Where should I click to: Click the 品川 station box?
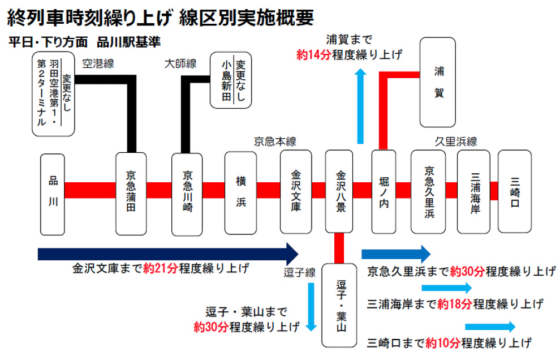click(x=53, y=194)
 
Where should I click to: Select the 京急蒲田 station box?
click(x=131, y=194)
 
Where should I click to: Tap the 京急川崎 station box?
click(x=187, y=194)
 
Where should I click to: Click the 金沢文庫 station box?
click(x=296, y=191)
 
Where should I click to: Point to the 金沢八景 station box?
click(x=340, y=191)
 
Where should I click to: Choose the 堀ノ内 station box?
click(x=383, y=191)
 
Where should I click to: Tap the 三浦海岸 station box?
click(x=473, y=191)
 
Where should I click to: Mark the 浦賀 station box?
click(x=438, y=82)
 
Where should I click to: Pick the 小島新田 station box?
click(x=231, y=80)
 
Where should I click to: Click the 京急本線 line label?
click(x=275, y=142)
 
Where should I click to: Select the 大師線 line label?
click(x=180, y=63)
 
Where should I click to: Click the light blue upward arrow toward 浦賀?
click(x=359, y=108)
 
